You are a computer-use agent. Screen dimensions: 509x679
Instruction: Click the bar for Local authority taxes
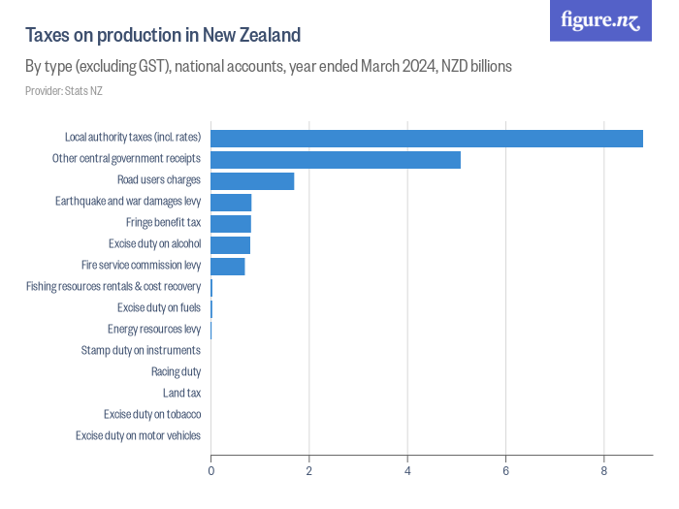(x=427, y=138)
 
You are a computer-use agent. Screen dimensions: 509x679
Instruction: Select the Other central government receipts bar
(x=336, y=159)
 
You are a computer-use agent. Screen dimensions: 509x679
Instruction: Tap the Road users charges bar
(x=252, y=180)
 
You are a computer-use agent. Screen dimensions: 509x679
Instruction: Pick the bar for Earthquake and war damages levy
(x=231, y=202)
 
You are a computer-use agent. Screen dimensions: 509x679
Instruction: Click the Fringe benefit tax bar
(x=231, y=223)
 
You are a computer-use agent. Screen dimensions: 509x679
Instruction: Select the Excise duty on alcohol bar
(x=230, y=244)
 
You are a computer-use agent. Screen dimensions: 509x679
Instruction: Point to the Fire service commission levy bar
(x=228, y=266)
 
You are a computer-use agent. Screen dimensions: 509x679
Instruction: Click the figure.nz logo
(x=600, y=21)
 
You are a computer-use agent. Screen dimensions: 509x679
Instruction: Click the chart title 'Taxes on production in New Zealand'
(x=163, y=35)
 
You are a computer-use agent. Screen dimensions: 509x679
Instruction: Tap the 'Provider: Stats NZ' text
(x=63, y=91)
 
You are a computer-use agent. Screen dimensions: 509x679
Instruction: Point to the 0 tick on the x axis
(x=210, y=471)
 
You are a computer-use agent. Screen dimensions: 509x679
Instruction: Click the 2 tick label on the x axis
(x=309, y=471)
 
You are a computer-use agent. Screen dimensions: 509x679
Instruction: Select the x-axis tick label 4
(x=407, y=471)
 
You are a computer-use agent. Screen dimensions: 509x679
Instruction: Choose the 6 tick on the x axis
(x=505, y=471)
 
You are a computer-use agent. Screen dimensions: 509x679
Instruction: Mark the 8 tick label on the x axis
(x=604, y=471)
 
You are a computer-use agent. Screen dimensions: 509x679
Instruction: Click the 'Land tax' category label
(x=181, y=393)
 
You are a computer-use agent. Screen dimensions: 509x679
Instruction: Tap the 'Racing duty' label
(x=176, y=371)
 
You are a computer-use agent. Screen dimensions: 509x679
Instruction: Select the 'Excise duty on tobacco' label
(x=152, y=414)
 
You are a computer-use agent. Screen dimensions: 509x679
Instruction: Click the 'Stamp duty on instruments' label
(x=141, y=350)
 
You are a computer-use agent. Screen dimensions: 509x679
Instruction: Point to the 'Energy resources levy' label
(x=153, y=329)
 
